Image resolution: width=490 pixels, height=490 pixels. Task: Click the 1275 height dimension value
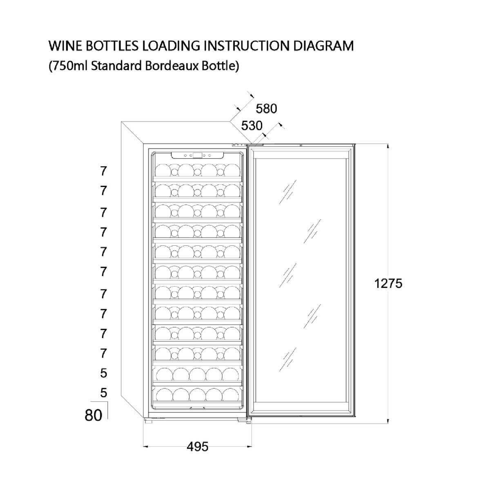pyautogui.click(x=388, y=283)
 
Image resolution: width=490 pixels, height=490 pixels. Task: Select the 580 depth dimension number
pyautogui.click(x=266, y=109)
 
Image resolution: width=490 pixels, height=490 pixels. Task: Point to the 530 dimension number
pyautogui.click(x=252, y=126)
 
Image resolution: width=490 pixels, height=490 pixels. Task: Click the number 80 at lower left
pyautogui.click(x=94, y=415)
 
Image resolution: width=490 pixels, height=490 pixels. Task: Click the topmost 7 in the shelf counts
pyautogui.click(x=103, y=171)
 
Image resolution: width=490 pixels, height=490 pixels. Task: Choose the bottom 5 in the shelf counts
pyautogui.click(x=103, y=392)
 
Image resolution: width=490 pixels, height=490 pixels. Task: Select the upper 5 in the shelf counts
pyautogui.click(x=103, y=373)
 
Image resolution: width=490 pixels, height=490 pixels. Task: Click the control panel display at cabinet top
pyautogui.click(x=197, y=155)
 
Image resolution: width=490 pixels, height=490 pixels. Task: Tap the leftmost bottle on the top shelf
pyautogui.click(x=163, y=170)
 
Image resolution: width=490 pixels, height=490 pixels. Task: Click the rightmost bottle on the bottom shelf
pyautogui.click(x=231, y=394)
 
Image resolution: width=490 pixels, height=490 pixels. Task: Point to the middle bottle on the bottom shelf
pyautogui.click(x=197, y=394)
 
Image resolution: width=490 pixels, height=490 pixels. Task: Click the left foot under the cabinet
pyautogui.click(x=148, y=421)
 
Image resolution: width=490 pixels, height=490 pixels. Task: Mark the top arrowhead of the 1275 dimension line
pyautogui.click(x=388, y=146)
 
